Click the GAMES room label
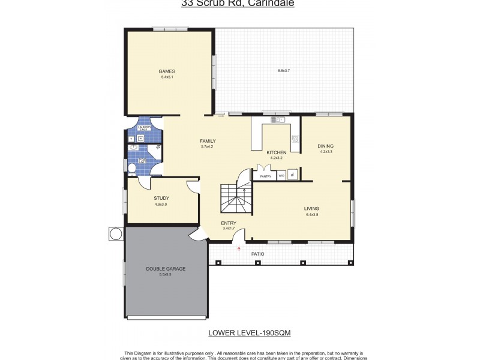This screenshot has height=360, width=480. point(167,71)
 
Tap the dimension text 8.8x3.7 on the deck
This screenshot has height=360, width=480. point(284,71)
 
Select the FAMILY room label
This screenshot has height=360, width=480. point(208,141)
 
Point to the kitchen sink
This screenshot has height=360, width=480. point(277,120)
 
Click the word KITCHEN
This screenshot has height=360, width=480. point(277,152)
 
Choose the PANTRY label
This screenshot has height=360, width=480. point(265,176)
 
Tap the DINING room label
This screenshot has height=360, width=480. point(326,146)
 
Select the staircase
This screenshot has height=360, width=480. point(234,198)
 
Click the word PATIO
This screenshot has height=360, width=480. point(257,254)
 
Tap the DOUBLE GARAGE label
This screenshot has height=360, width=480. point(166,269)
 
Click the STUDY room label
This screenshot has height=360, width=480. point(161,198)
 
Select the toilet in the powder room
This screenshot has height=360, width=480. point(131,169)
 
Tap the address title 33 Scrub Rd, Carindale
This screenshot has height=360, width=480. point(238,3)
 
